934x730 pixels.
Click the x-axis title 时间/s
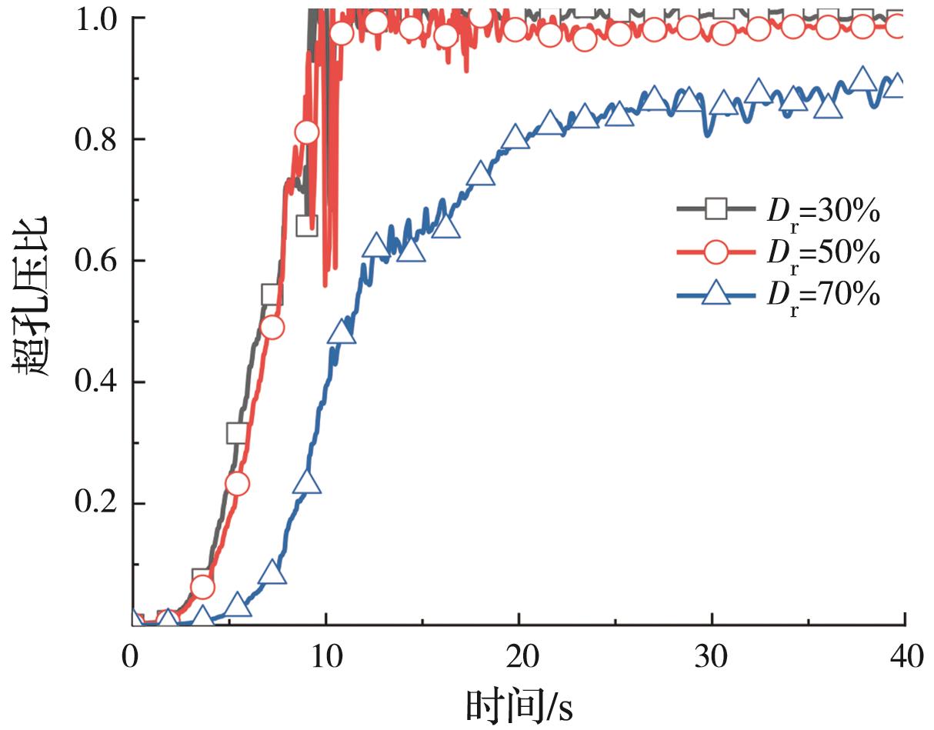coord(519,704)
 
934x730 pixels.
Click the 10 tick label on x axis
coord(325,658)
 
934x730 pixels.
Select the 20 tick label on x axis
coord(519,658)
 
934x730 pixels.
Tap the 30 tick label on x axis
coord(712,658)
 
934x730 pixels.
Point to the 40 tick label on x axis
coord(904,658)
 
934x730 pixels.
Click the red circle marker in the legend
coord(717,251)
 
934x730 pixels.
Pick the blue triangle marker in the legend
coord(717,293)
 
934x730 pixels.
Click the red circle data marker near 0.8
coord(306,132)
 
